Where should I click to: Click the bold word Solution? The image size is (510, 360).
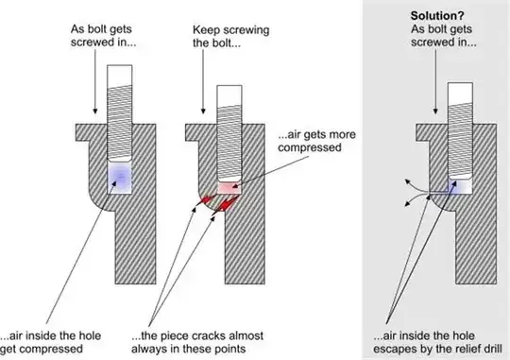437,16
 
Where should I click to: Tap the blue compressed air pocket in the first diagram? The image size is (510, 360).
120,178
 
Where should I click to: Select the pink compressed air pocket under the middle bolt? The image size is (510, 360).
229,187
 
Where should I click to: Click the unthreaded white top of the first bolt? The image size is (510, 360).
120,76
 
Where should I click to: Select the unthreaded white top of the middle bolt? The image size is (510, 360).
229,95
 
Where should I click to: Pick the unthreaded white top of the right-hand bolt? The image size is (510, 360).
460,94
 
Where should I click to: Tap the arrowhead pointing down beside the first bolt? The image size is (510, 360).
95,111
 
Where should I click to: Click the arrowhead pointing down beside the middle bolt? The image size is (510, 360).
204,111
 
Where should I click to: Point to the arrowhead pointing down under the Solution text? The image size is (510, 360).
435,111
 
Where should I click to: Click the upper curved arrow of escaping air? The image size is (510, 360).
416,188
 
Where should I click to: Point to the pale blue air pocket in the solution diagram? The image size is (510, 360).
460,187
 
